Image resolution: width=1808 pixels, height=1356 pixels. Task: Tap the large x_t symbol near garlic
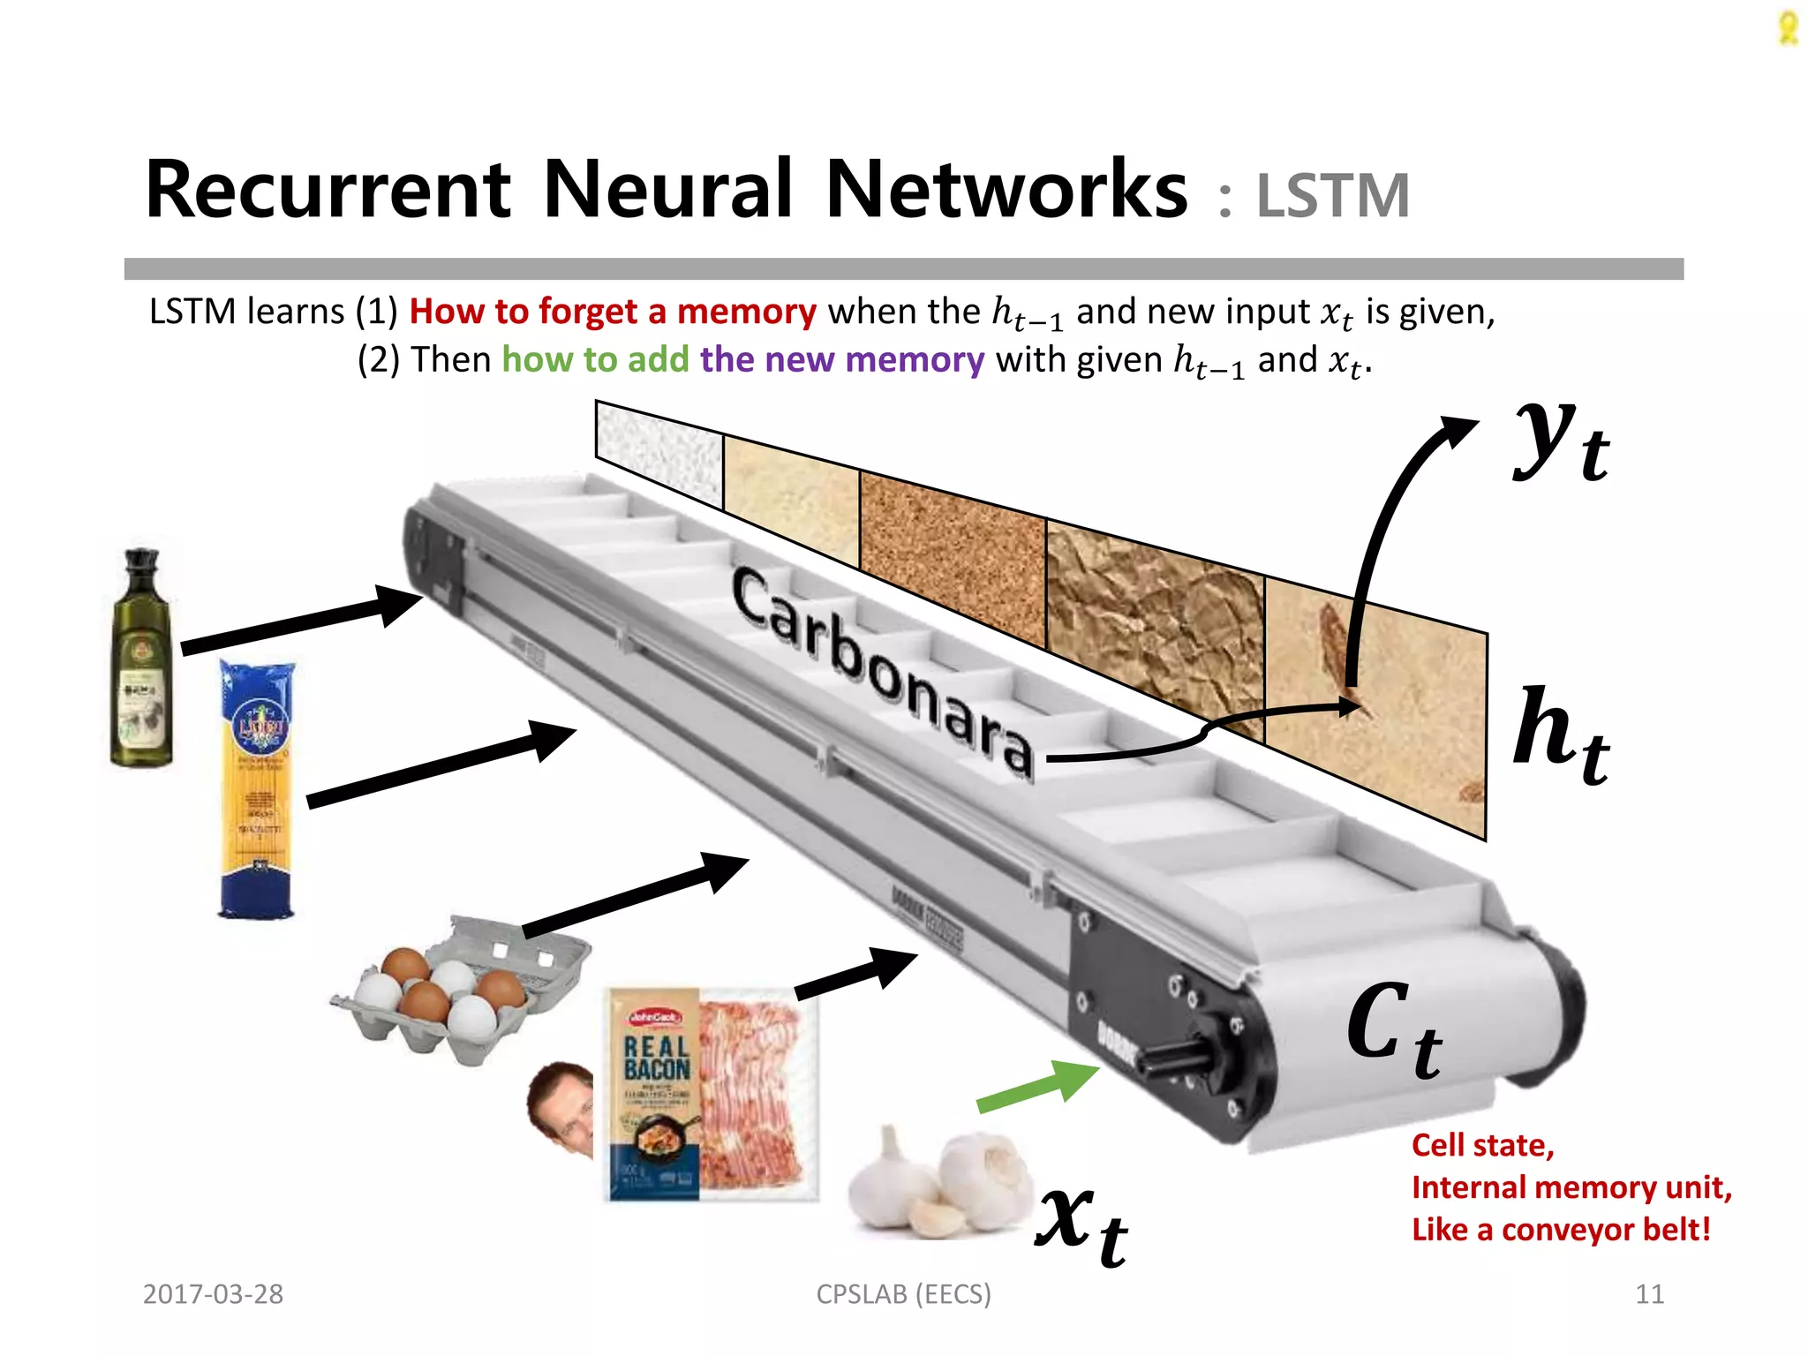pyautogui.click(x=1081, y=1223)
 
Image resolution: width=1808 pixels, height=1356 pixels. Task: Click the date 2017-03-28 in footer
pyautogui.click(x=213, y=1294)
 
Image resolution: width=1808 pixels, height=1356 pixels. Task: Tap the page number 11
pyautogui.click(x=1649, y=1294)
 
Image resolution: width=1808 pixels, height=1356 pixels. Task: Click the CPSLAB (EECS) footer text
pyautogui.click(x=903, y=1294)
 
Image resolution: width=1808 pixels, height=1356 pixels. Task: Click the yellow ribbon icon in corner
pyautogui.click(x=1788, y=28)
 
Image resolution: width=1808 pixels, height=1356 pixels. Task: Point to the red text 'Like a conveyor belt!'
pyautogui.click(x=1561, y=1230)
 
